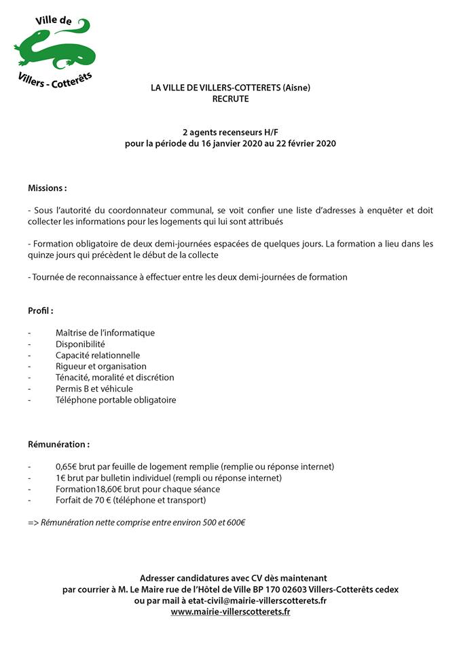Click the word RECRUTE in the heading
click(230, 98)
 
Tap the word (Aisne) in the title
click(295, 87)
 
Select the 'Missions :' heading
click(48, 187)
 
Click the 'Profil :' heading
click(41, 310)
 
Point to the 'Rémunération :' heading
click(58, 444)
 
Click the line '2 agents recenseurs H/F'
click(230, 132)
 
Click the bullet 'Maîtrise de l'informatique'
click(105, 333)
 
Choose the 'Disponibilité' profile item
click(84, 344)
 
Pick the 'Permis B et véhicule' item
click(94, 388)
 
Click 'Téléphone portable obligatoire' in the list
click(115, 400)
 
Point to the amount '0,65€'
click(68, 467)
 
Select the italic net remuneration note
click(136, 522)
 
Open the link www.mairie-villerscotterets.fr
click(230, 611)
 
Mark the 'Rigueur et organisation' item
click(101, 366)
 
